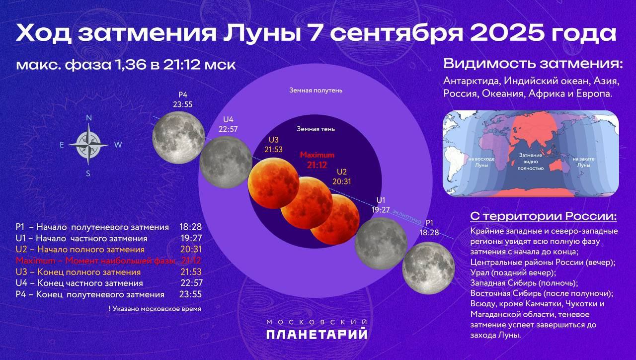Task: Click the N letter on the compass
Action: click(x=89, y=118)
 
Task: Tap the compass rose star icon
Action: click(x=88, y=145)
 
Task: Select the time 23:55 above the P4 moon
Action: click(x=183, y=104)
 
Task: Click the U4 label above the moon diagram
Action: click(x=228, y=119)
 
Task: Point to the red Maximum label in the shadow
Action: click(x=317, y=155)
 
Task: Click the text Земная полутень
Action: click(x=316, y=90)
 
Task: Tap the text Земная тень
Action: click(x=316, y=129)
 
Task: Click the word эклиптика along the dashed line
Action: click(x=407, y=216)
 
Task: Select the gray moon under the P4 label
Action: click(x=178, y=138)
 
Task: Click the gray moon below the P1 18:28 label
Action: click(x=428, y=268)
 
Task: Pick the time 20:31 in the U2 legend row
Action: click(x=191, y=250)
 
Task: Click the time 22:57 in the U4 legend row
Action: click(x=192, y=283)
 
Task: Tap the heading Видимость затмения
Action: click(x=533, y=64)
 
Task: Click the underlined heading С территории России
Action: click(x=544, y=216)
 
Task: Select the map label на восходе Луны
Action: click(x=481, y=162)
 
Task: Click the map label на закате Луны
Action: click(x=583, y=162)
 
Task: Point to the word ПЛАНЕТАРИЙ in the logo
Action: click(x=317, y=334)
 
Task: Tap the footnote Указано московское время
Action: click(x=155, y=309)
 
